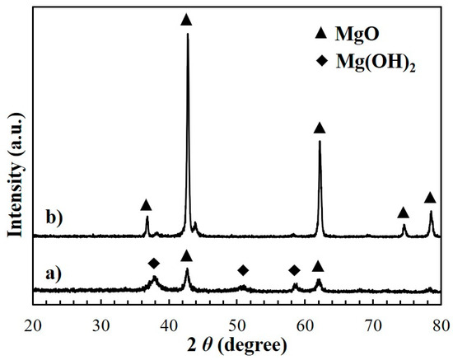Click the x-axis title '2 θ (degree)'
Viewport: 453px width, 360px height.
pyautogui.click(x=236, y=346)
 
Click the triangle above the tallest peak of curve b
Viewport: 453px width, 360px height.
pyautogui.click(x=186, y=19)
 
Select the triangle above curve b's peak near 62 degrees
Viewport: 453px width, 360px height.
pyautogui.click(x=320, y=128)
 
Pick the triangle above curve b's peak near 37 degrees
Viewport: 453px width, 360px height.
pyautogui.click(x=146, y=204)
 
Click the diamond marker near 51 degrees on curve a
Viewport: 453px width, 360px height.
pyautogui.click(x=243, y=270)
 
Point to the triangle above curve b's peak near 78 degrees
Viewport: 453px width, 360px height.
pyautogui.click(x=429, y=198)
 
